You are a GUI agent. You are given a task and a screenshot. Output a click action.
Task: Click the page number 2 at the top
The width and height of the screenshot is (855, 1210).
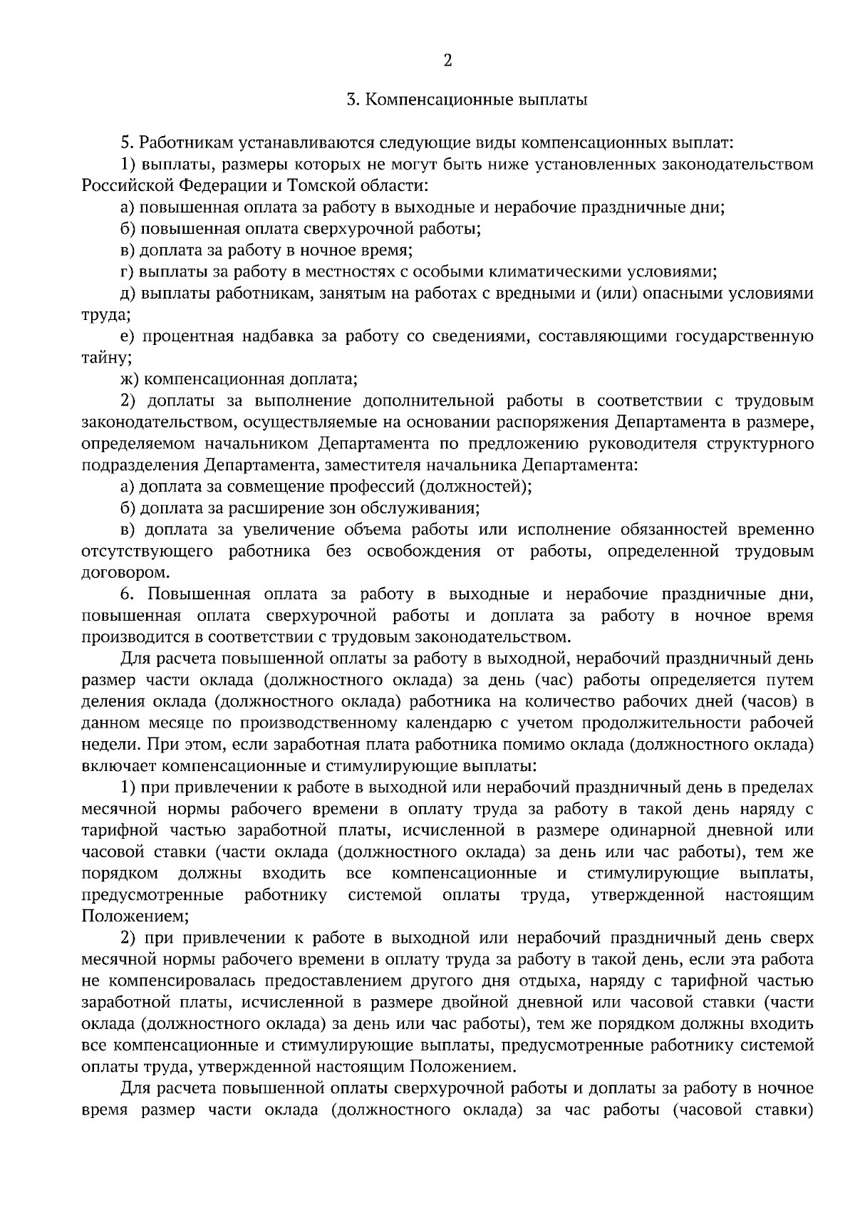447,61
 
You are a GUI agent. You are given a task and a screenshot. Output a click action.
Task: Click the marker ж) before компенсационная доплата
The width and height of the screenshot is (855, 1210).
131,379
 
